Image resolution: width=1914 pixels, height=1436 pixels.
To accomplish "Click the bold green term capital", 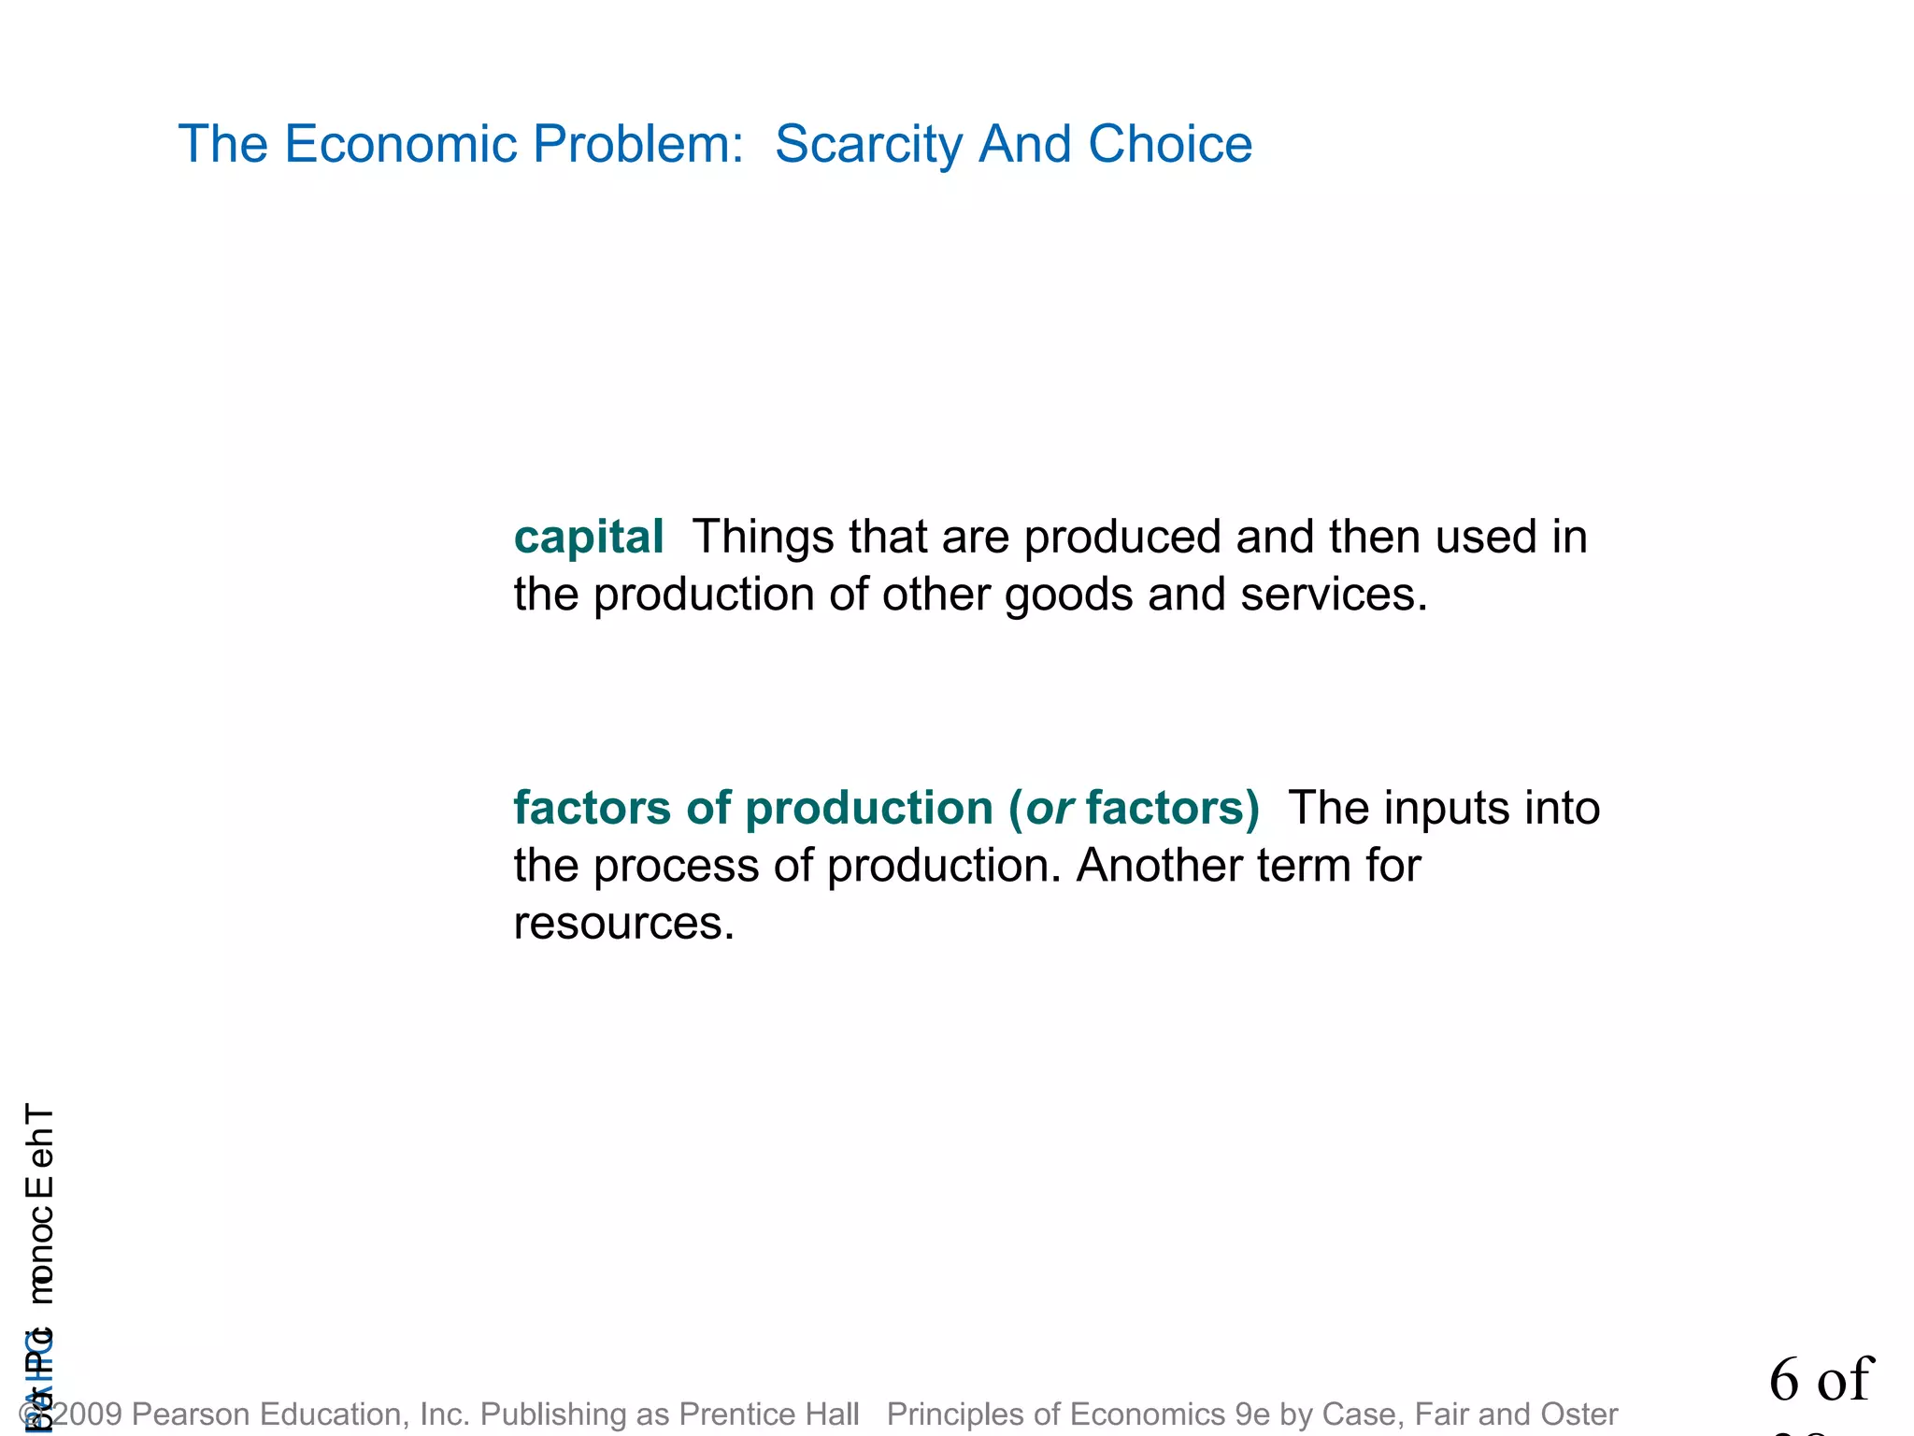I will click(589, 538).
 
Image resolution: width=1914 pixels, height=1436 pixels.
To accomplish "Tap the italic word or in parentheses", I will click(1050, 809).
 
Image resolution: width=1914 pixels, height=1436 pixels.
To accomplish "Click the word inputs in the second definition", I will click(1446, 809).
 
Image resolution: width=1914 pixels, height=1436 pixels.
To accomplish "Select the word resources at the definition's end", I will click(623, 924).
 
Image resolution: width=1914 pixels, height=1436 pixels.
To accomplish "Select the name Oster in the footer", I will click(1578, 1414).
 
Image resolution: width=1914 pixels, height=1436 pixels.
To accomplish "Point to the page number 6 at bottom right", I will click(1784, 1380).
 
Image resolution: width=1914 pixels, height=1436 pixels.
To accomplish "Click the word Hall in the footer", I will click(835, 1414).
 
